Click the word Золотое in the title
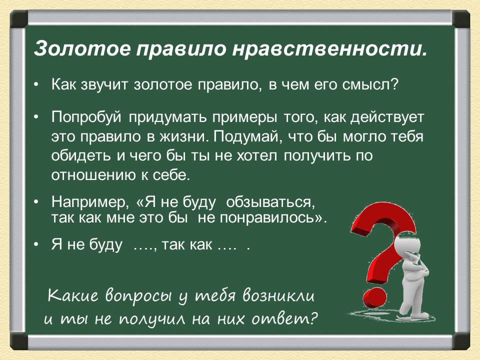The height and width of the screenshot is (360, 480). pyautogui.click(x=82, y=48)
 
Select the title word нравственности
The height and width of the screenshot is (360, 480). pyautogui.click(x=329, y=48)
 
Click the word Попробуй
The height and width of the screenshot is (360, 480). pyautogui.click(x=86, y=117)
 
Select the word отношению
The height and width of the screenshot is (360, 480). pyautogui.click(x=93, y=175)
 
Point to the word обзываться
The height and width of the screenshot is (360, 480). pyautogui.click(x=270, y=202)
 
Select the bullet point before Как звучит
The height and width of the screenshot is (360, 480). pyautogui.click(x=36, y=85)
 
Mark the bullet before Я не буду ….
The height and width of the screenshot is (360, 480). pyautogui.click(x=36, y=245)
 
